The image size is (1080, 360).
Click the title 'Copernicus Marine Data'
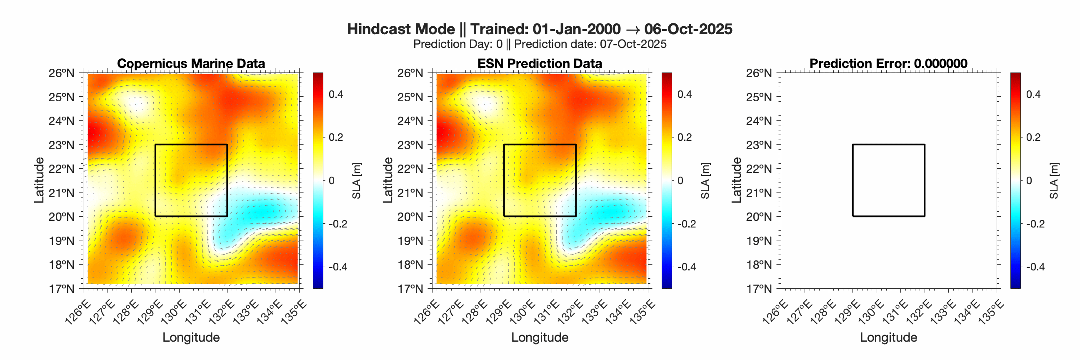[191, 64]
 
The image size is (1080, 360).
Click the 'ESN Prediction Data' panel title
[540, 64]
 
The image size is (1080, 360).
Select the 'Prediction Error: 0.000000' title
[888, 64]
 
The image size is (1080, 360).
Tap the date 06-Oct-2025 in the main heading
[688, 29]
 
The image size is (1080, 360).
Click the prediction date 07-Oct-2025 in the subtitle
[633, 45]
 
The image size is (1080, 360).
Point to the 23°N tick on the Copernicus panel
[62, 145]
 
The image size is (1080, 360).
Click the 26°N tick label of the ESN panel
[410, 73]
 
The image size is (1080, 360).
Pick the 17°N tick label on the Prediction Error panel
[759, 289]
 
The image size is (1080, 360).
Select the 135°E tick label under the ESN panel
[642, 312]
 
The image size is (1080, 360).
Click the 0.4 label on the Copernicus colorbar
[336, 94]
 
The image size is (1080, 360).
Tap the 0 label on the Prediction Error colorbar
[1029, 181]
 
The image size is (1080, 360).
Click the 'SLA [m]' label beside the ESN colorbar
[705, 181]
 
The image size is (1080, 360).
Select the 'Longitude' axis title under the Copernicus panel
[191, 337]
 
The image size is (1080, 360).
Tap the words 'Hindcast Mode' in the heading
[401, 29]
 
